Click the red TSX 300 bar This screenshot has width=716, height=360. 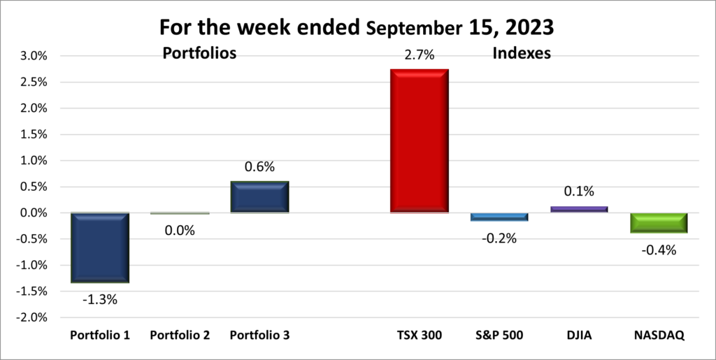419,141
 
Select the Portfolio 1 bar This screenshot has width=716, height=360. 100,247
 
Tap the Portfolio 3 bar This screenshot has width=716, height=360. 259,196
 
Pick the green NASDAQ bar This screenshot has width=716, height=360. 658,222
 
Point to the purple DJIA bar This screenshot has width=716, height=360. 578,208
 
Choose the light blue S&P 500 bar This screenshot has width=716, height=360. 499,217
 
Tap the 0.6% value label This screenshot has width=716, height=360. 259,168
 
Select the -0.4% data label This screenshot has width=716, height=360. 659,249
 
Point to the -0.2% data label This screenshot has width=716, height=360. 499,238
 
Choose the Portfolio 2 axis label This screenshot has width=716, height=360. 180,336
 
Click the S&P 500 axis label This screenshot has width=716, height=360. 499,336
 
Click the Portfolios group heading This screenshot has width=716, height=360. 199,52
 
